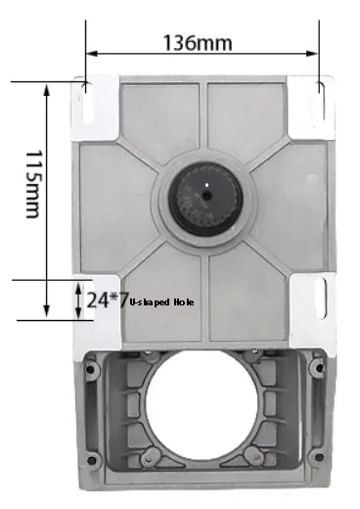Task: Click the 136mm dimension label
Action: pos(198,43)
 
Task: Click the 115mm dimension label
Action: pos(34,184)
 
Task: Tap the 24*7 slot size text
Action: pos(107,301)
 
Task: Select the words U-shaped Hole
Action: pos(161,302)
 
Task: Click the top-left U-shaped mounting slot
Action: pos(87,102)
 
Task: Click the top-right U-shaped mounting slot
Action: pos(322,101)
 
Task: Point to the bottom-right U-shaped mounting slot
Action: pos(322,299)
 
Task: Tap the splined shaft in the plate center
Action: pos(205,200)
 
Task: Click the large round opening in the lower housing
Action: pos(202,404)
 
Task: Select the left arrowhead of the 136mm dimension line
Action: pos(92,54)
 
